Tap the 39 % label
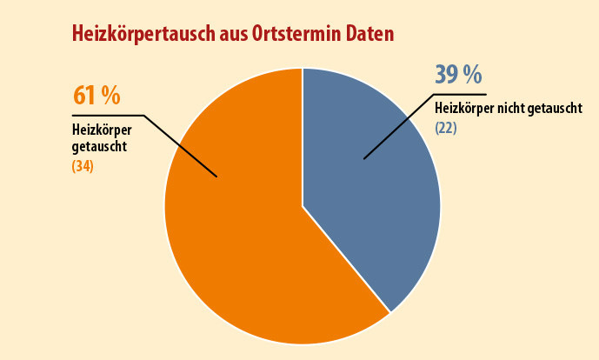(458, 75)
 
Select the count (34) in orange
(83, 165)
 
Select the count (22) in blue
(446, 128)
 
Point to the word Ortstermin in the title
(302, 34)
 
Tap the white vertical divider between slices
(303, 139)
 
